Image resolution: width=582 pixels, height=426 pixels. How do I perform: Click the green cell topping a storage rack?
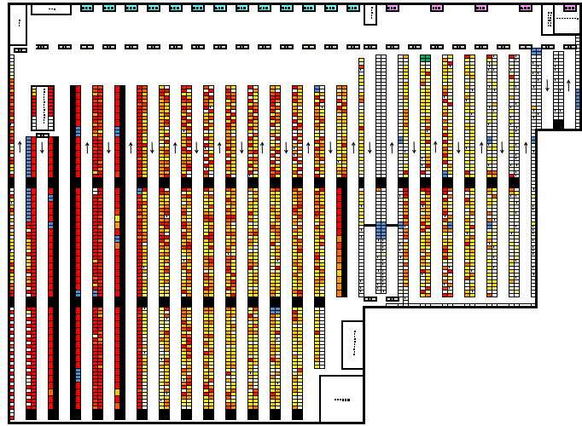click(425, 58)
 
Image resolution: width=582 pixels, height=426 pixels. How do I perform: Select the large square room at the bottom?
click(341, 398)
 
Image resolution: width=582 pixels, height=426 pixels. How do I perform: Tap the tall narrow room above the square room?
click(352, 344)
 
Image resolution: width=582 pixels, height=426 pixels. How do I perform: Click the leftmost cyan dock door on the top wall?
click(87, 8)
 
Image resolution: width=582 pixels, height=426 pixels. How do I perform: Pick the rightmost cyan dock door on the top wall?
click(353, 8)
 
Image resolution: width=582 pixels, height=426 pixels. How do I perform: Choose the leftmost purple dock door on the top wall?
click(393, 8)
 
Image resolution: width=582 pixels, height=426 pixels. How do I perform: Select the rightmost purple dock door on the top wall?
click(570, 8)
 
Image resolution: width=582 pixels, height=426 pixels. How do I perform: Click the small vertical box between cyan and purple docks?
click(370, 14)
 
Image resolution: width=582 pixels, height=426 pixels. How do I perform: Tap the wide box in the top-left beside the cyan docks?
click(51, 9)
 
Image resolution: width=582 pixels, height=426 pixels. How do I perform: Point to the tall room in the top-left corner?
click(18, 25)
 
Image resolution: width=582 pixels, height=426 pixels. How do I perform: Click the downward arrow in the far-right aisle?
click(547, 85)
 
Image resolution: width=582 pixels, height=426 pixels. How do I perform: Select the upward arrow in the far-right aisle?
click(568, 85)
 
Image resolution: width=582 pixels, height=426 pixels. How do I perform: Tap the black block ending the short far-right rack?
click(558, 124)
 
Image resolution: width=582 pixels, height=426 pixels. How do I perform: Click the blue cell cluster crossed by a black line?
click(381, 230)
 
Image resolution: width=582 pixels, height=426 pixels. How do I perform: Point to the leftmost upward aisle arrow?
click(20, 147)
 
